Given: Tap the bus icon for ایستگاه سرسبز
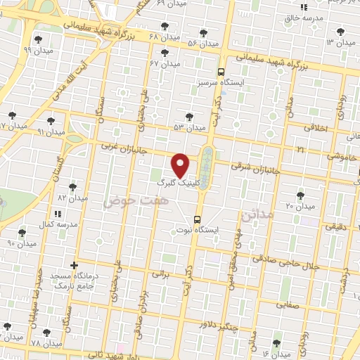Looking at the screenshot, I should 221,72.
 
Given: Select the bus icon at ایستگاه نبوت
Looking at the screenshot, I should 198,218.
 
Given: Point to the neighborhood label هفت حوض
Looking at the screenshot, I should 127,201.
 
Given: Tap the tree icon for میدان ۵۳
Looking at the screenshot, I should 188,117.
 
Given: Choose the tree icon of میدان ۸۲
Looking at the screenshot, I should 72,187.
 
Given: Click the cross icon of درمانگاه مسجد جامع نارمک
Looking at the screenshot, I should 74,264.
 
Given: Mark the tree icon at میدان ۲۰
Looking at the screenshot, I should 301,195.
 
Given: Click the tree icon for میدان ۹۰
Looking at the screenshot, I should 22,232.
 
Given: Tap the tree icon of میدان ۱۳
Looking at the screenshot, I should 341,31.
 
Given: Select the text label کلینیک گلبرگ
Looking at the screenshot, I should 181,181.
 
